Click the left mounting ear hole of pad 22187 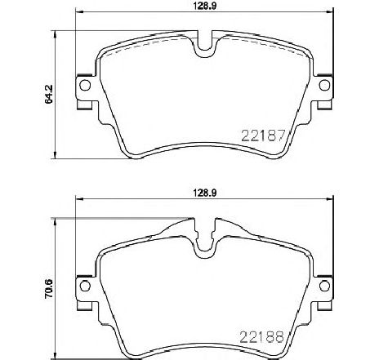(82, 85)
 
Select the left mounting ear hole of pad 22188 (82, 283)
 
